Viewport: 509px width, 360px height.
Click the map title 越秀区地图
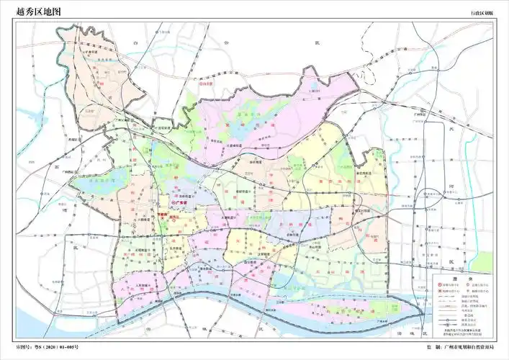point(36,11)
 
